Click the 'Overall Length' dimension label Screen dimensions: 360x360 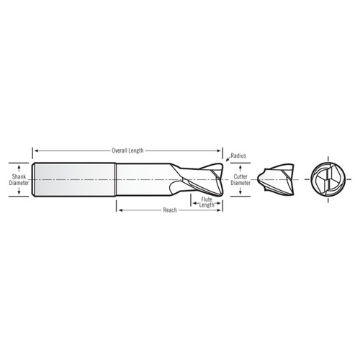pyautogui.click(x=127, y=150)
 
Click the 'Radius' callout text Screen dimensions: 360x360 pyautogui.click(x=239, y=156)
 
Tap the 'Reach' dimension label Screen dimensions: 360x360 pyautogui.click(x=170, y=210)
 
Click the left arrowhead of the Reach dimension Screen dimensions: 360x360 pyautogui.click(x=119, y=210)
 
